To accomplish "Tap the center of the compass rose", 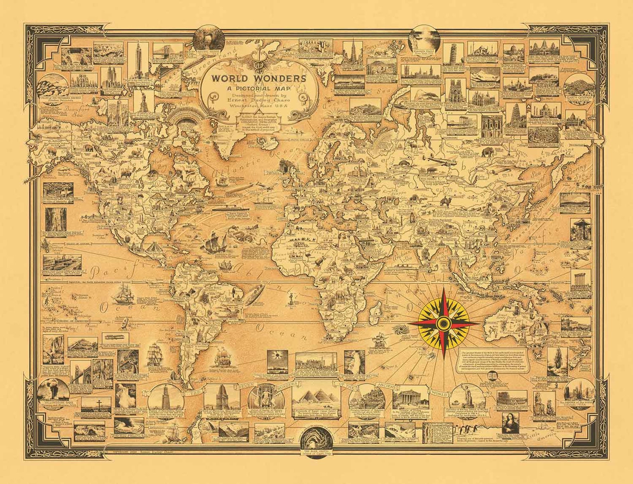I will click(444, 322).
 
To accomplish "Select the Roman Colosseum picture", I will click(511, 399).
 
